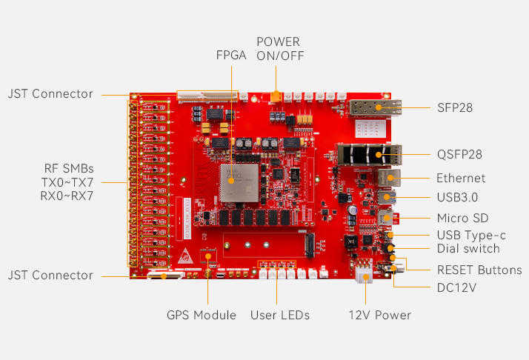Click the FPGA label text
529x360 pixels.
pos(231,56)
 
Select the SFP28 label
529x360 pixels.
pos(455,108)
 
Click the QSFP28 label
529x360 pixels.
pos(459,155)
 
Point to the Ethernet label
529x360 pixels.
pos(461,178)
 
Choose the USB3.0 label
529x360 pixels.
pos(457,197)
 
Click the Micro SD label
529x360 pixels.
pos(462,218)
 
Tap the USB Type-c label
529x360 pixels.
pos(471,235)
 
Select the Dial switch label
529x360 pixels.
pos(468,249)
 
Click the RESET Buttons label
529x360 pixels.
pos(479,270)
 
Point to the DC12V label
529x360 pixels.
pos(456,287)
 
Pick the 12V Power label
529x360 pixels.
pos(379,316)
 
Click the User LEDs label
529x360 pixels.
pos(280,316)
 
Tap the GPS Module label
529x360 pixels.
pos(201,316)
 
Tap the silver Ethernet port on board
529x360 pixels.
pos(387,178)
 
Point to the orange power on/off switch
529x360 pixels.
pos(276,96)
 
